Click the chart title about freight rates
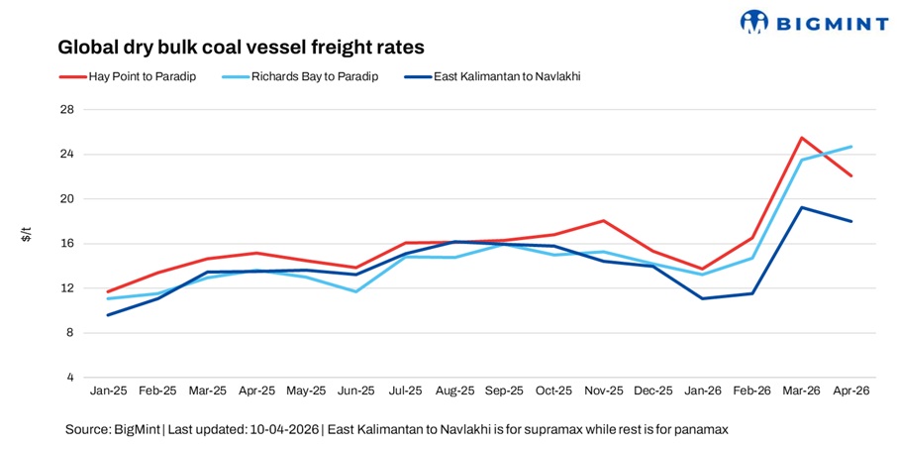point(241,47)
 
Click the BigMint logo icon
point(754,22)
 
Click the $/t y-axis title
point(27,235)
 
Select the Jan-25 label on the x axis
point(108,393)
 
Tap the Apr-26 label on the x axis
point(851,393)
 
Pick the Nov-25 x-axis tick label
point(603,393)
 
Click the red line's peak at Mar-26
point(801,138)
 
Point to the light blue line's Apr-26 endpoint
point(851,147)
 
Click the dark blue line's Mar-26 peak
point(801,207)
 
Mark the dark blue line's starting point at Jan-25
point(108,315)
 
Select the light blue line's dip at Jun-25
point(355,291)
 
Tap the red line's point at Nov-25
point(603,221)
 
